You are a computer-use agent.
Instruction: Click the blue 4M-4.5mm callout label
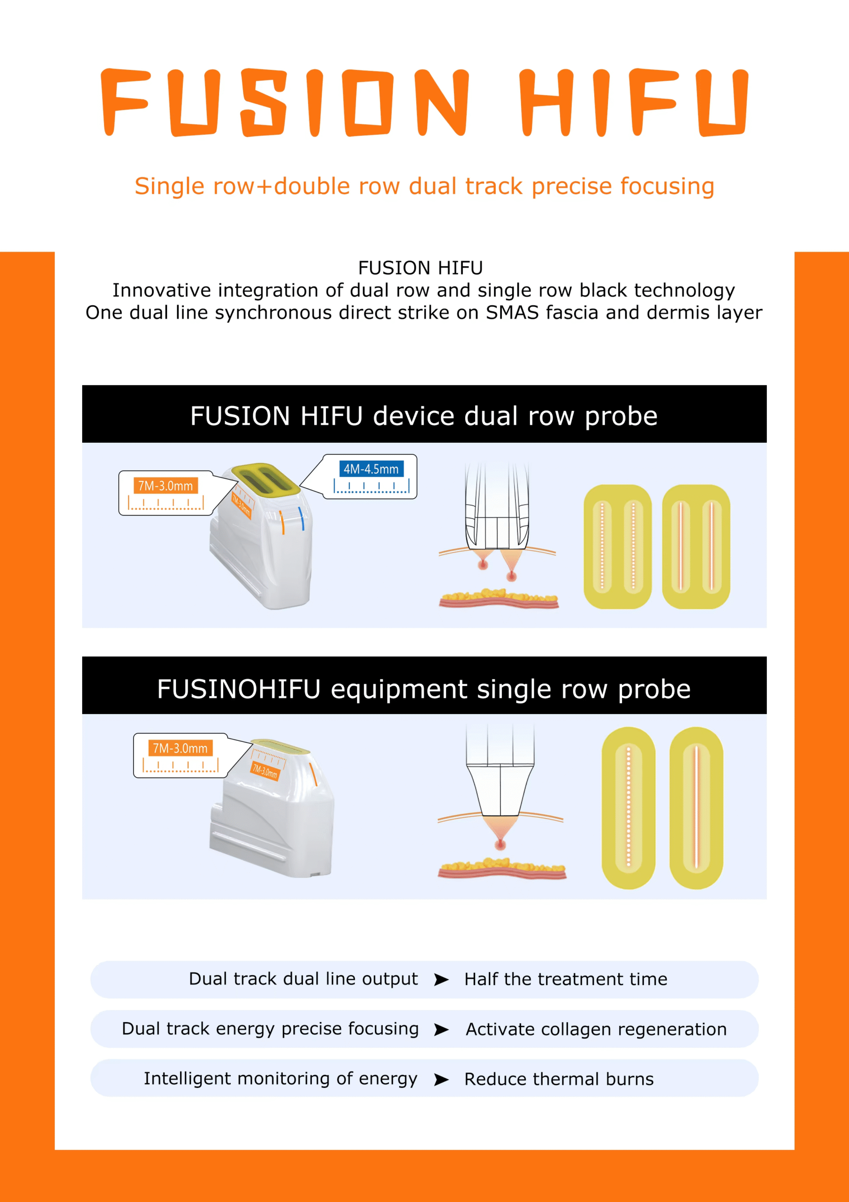click(x=371, y=469)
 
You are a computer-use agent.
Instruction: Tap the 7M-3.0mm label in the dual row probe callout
click(x=165, y=486)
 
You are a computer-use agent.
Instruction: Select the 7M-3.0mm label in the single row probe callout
click(x=180, y=748)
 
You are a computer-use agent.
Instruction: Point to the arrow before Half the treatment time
click(x=441, y=979)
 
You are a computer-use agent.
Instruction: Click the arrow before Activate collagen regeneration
click(x=441, y=1030)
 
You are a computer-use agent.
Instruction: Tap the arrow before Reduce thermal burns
click(x=441, y=1079)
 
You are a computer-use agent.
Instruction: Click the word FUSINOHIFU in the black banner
click(x=239, y=689)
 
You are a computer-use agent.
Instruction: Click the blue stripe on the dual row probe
click(x=301, y=518)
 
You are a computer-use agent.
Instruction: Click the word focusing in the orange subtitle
click(x=667, y=186)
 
